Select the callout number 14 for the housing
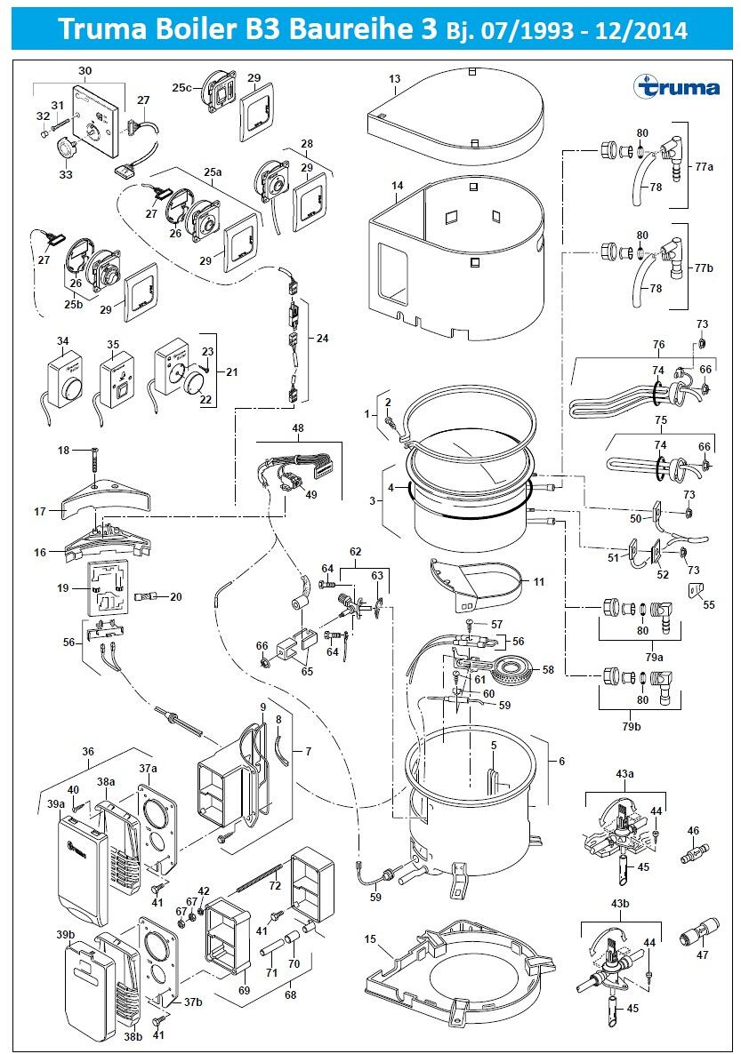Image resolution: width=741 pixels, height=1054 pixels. pyautogui.click(x=397, y=185)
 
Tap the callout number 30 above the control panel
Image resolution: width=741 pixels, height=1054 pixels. pyautogui.click(x=85, y=70)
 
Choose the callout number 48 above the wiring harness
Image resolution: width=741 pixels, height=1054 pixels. pyautogui.click(x=298, y=427)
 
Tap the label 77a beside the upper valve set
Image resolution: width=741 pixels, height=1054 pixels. pyautogui.click(x=705, y=166)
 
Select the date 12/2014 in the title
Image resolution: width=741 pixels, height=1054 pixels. pyautogui.click(x=647, y=31)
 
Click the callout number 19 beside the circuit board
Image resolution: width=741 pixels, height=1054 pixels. pyautogui.click(x=61, y=587)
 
